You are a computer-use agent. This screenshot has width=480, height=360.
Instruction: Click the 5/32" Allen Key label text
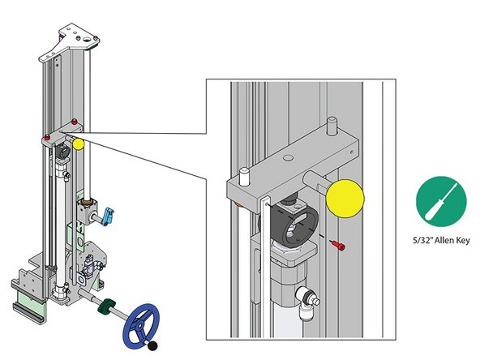coord(436,240)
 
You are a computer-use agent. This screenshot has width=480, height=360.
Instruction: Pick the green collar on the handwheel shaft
coord(105,308)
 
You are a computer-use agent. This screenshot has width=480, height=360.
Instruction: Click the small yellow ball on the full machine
coord(79,145)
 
